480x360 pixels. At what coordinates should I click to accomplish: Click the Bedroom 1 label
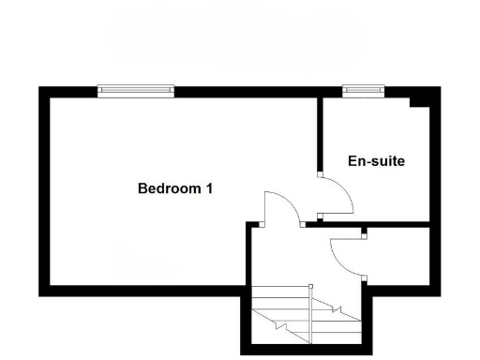pos(175,187)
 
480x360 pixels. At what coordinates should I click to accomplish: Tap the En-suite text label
pos(376,161)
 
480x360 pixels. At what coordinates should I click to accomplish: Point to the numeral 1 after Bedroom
pos(209,187)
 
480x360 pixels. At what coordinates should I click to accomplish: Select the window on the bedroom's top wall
pos(137,91)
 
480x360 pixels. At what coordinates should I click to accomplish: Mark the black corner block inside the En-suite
pos(421,101)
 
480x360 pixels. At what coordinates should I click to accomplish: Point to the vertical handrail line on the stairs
pos(309,314)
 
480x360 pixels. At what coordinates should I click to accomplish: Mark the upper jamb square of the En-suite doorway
pos(320,174)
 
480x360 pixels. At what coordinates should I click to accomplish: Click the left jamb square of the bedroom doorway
pos(262,224)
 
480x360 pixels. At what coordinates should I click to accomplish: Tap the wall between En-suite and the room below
pos(394,225)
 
